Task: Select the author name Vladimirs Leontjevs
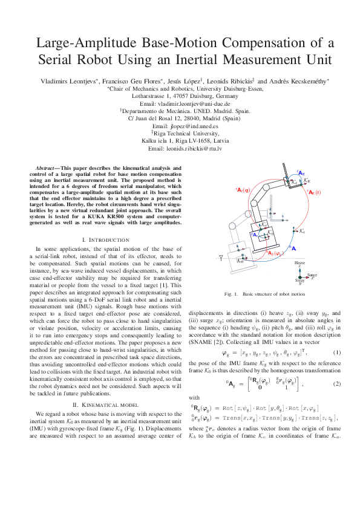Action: click(x=64, y=80)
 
